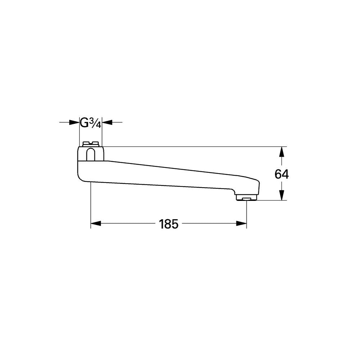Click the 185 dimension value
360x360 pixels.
(168, 224)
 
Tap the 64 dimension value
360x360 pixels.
(282, 174)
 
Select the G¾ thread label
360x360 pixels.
(90, 123)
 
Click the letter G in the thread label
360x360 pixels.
(84, 123)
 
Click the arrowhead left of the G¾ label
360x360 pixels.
(74, 122)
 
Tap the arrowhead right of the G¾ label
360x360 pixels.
(107, 122)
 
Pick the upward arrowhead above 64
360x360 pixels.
(282, 152)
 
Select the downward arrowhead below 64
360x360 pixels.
(282, 195)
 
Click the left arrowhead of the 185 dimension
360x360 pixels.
(96, 223)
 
